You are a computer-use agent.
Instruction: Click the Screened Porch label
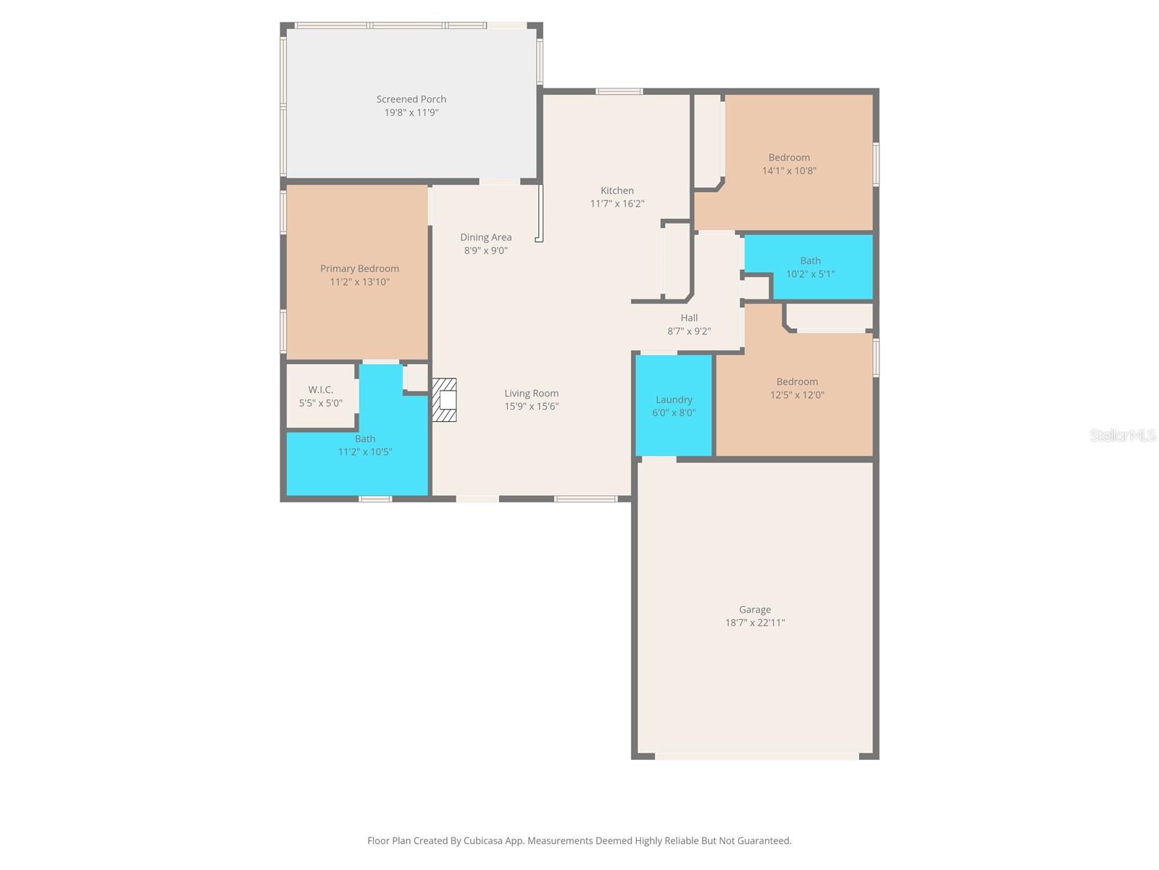411,99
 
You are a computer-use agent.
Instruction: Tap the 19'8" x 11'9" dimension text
411,113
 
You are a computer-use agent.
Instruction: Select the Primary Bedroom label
359,269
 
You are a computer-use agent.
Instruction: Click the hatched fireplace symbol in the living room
444,399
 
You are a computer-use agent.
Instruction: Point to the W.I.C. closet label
320,390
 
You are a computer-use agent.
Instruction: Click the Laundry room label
674,399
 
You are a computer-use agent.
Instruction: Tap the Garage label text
755,610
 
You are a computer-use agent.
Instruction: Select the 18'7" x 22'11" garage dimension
755,623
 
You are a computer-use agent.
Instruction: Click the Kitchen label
616,191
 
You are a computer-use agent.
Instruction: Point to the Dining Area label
485,238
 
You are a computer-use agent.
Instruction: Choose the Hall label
689,318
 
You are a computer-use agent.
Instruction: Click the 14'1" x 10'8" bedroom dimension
789,171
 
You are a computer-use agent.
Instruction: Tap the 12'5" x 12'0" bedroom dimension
797,395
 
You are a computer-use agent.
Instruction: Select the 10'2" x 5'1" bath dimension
810,274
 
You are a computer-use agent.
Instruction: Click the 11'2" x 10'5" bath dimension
364,452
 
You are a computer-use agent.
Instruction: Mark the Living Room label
531,394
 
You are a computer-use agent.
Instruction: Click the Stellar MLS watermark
1122,435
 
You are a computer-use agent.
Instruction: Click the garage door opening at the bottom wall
756,756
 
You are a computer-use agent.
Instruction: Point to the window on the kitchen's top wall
619,91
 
